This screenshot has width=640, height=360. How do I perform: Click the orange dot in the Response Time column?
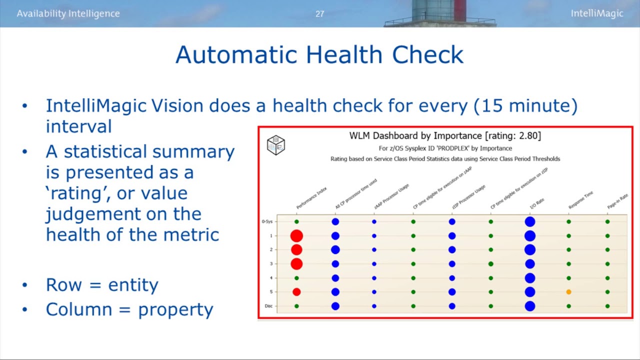(568, 292)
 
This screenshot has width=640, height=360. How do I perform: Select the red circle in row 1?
(296, 235)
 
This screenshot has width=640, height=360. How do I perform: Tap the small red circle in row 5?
(296, 292)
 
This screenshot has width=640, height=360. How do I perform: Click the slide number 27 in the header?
(320, 14)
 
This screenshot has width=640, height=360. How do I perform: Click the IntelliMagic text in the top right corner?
(597, 13)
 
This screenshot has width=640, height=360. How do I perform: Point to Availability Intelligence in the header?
(68, 13)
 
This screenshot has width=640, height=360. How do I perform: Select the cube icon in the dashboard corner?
(275, 145)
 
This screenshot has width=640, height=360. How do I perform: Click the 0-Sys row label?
(267, 221)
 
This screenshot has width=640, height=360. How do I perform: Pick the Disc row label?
(268, 306)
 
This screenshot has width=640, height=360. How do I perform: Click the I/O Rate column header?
(537, 203)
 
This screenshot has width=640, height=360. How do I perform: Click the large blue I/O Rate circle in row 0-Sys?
(530, 221)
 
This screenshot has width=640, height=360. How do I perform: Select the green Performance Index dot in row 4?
(296, 278)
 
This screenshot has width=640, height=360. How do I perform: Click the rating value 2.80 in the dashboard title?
(530, 135)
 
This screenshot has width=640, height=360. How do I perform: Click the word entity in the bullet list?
(135, 285)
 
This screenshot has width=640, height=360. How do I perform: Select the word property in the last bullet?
(175, 310)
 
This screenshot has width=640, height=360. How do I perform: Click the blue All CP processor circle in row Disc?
(335, 306)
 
